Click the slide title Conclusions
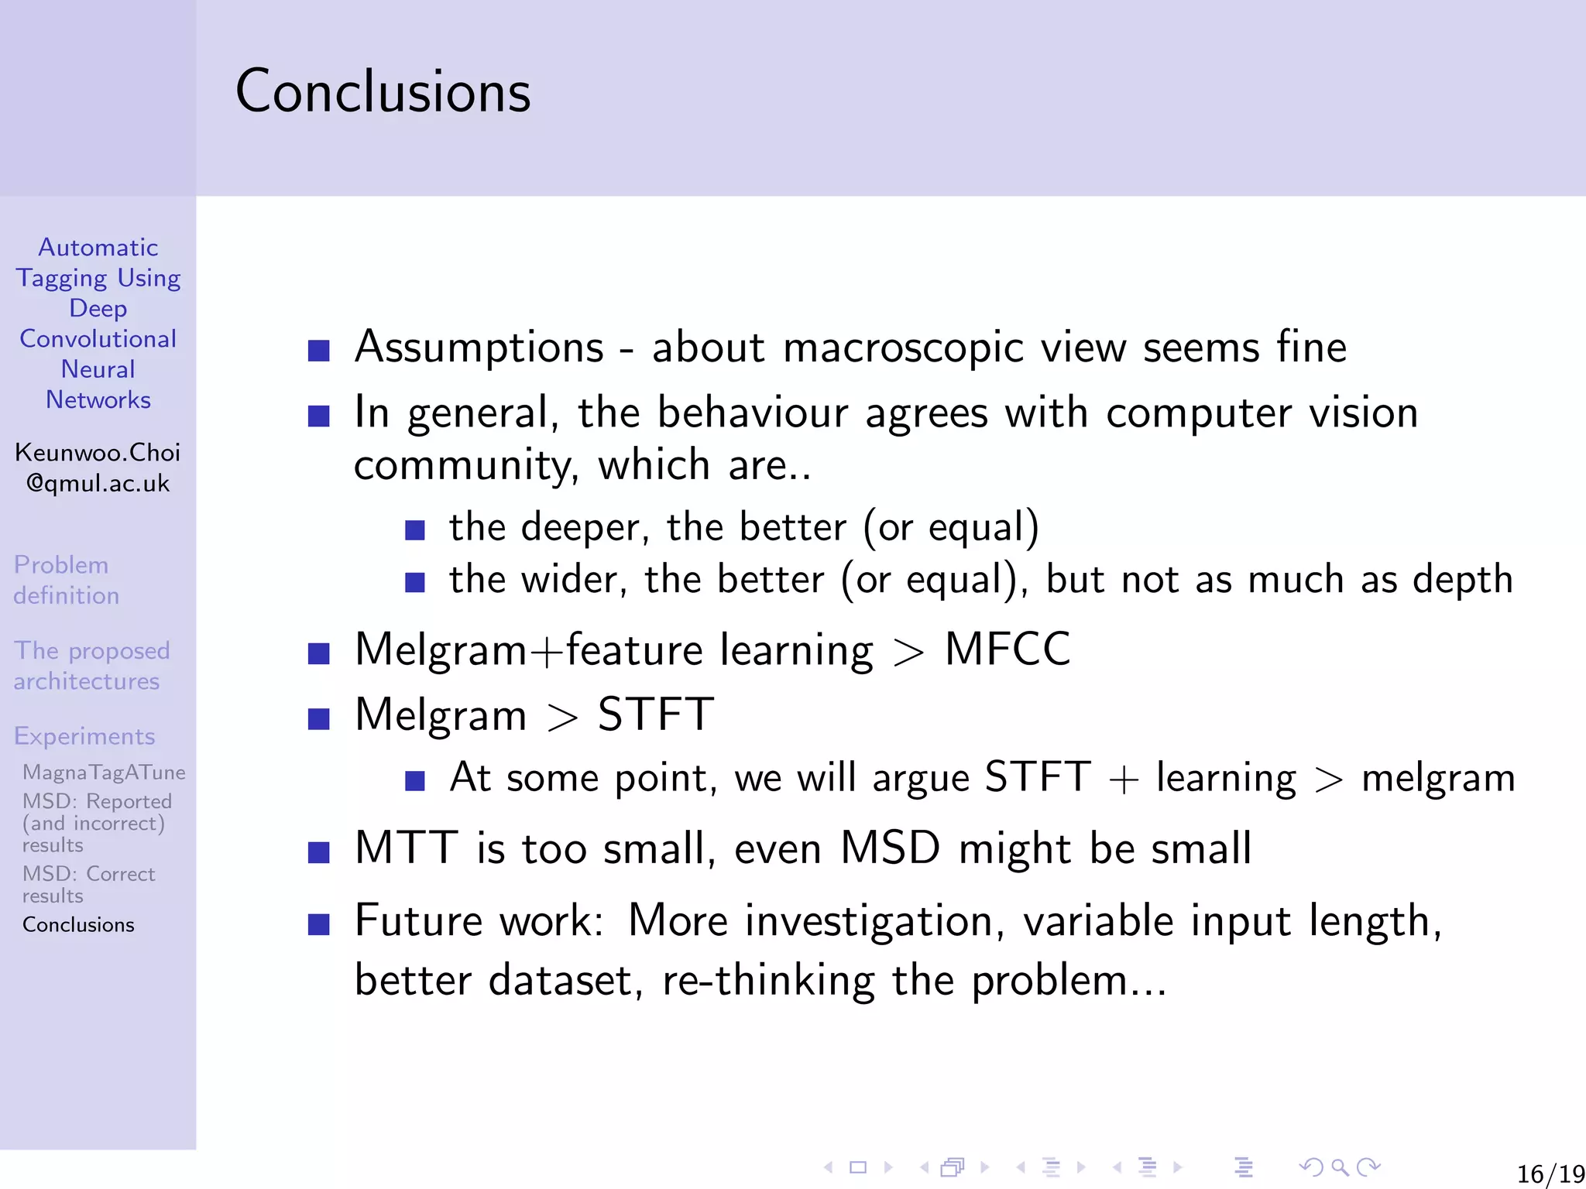pyautogui.click(x=383, y=91)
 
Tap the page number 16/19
pyautogui.click(x=1550, y=1174)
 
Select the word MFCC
pyautogui.click(x=1007, y=649)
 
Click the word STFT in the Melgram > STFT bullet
pyautogui.click(x=655, y=714)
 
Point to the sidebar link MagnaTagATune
pyautogui.click(x=104, y=773)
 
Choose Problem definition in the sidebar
pyautogui.click(x=66, y=580)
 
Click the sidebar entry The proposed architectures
pyautogui.click(x=91, y=666)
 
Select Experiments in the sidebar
pyautogui.click(x=84, y=736)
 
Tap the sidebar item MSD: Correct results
pyautogui.click(x=88, y=884)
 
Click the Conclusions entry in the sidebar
pyautogui.click(x=78, y=925)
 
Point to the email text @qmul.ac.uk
pyautogui.click(x=98, y=483)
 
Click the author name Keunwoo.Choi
pyautogui.click(x=98, y=452)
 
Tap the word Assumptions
pyautogui.click(x=479, y=347)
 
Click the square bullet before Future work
pyautogui.click(x=319, y=924)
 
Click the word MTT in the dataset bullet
pyautogui.click(x=406, y=848)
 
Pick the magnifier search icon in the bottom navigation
pyautogui.click(x=1340, y=1167)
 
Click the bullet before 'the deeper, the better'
pyautogui.click(x=415, y=530)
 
